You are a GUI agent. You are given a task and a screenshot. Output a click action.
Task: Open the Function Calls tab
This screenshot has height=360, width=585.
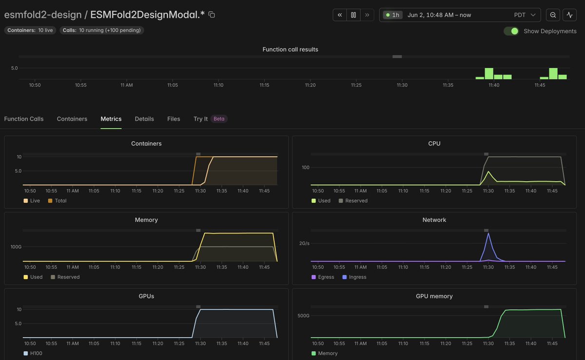[24, 119]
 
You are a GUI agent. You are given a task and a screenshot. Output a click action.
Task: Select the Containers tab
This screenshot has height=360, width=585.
[72, 119]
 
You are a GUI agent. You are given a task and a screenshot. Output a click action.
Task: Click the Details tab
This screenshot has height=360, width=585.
[144, 119]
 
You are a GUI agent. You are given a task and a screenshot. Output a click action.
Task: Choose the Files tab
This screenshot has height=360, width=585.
[174, 119]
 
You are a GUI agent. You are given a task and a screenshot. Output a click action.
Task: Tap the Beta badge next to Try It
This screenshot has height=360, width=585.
[219, 119]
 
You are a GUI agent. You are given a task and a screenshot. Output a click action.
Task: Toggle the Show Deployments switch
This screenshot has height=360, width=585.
[511, 31]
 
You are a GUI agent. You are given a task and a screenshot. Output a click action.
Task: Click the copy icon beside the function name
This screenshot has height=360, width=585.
[212, 15]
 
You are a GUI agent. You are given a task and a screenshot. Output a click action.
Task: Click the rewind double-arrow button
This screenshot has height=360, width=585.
[340, 15]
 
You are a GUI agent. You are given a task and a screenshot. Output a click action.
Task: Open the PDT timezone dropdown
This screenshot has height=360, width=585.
[525, 15]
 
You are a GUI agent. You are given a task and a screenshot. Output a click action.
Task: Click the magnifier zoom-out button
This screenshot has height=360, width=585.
[553, 15]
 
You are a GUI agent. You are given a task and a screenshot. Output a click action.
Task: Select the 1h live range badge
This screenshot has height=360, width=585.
[392, 15]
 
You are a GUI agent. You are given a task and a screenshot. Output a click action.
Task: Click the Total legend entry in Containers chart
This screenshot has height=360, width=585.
[58, 201]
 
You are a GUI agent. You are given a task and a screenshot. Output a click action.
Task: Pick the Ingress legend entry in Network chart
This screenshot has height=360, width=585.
[354, 277]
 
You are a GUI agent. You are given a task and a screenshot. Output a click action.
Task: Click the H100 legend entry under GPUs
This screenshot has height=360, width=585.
[33, 353]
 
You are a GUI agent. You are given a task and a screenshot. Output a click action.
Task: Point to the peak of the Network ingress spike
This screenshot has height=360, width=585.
[488, 233]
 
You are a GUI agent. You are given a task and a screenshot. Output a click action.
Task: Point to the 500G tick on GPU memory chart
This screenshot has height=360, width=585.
[303, 315]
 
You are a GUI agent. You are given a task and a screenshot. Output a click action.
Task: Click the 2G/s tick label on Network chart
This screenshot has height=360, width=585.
[304, 243]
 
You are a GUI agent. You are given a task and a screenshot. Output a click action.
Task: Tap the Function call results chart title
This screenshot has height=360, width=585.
[290, 49]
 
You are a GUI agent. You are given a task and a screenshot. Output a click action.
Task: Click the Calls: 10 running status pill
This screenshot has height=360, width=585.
[101, 30]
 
